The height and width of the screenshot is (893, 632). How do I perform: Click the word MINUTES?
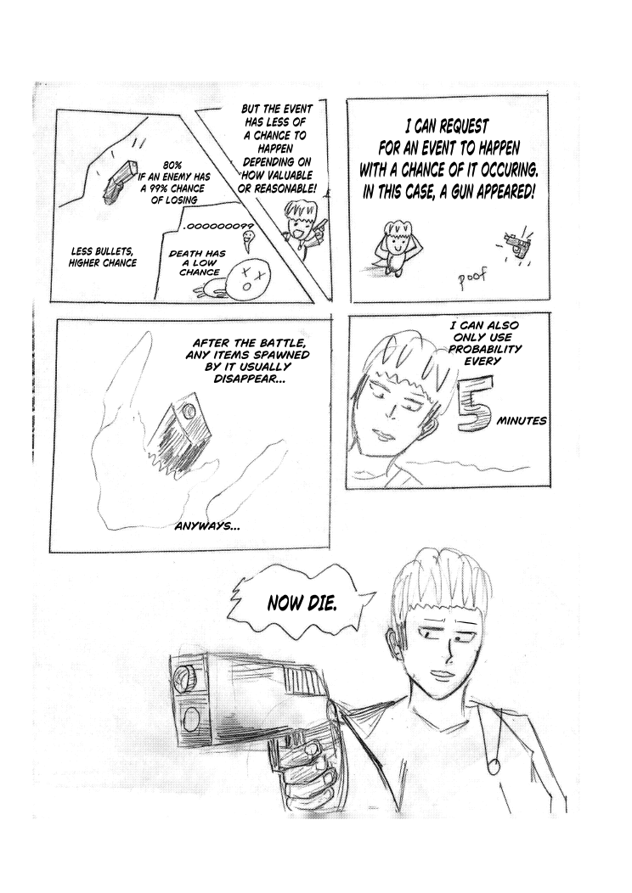[x=521, y=421]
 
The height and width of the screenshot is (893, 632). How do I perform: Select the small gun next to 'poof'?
[x=516, y=244]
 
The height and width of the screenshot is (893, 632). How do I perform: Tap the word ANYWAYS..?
[x=206, y=526]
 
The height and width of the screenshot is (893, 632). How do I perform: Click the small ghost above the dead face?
[x=247, y=241]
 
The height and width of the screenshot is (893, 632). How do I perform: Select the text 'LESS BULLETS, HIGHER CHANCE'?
[x=103, y=257]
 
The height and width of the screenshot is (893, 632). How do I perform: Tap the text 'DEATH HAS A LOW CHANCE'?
[x=197, y=262]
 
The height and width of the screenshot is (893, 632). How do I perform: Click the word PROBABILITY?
[x=485, y=349]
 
